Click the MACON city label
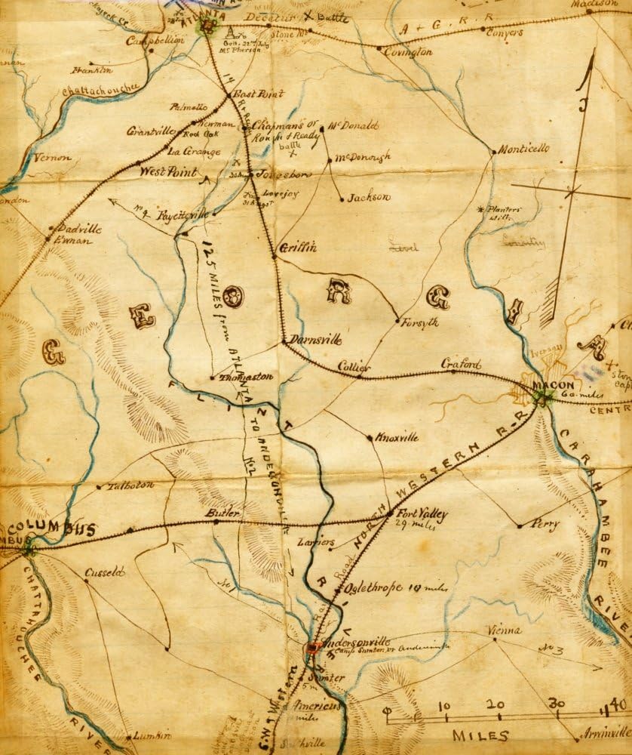[548, 384]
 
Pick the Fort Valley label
[422, 514]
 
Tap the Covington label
[408, 52]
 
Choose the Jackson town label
[370, 198]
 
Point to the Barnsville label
[311, 341]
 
